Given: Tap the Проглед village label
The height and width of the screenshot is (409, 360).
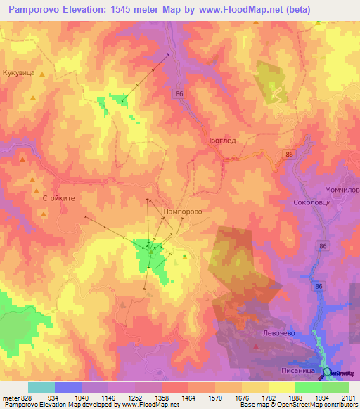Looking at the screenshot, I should [221, 140].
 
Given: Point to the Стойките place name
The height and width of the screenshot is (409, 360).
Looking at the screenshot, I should [58, 199].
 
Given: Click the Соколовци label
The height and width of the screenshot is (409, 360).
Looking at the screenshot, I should [309, 202].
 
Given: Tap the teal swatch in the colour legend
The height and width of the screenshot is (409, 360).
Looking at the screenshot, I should [41, 387].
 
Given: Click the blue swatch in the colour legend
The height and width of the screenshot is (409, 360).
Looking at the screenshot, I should [68, 387].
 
